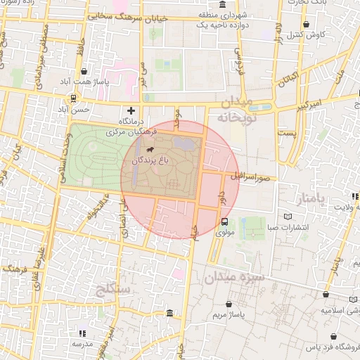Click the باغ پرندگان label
[x=150, y=162]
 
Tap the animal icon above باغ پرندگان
[x=150, y=150]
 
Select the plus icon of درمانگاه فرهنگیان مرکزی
[x=131, y=110]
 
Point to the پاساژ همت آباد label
[x=84, y=82]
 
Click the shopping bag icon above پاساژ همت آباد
[x=84, y=71]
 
